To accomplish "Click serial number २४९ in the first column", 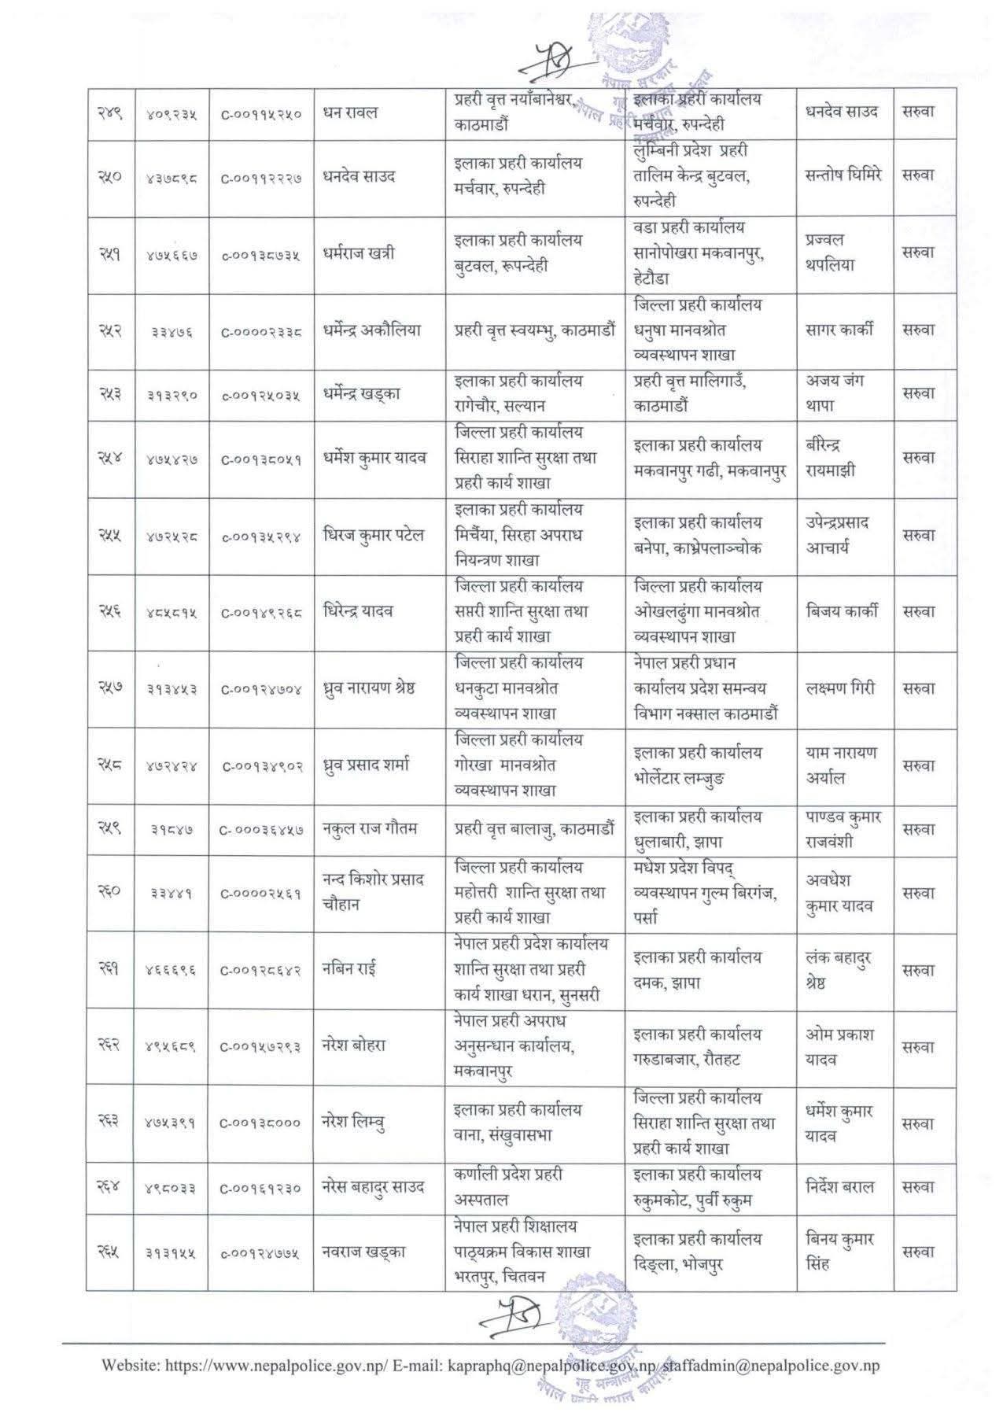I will tap(109, 113).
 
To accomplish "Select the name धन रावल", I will tap(350, 112).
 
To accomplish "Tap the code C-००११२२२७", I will tap(260, 178).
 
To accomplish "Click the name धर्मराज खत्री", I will tap(359, 253).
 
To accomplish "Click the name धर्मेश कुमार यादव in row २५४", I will tap(374, 458).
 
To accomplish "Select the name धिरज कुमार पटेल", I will tap(374, 535).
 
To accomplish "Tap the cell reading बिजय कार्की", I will tap(842, 611).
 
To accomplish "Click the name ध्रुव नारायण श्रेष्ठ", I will tap(369, 688).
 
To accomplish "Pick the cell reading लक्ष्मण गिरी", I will tap(841, 688).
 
